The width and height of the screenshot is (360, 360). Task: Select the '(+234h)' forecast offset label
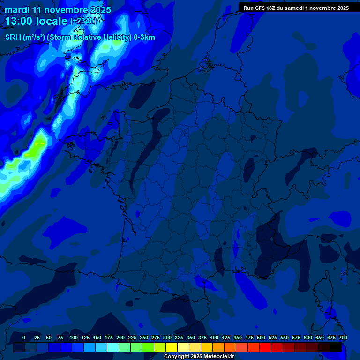click(x=83, y=21)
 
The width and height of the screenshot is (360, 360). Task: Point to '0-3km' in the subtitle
click(x=144, y=37)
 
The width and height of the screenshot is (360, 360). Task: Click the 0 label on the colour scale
click(x=24, y=337)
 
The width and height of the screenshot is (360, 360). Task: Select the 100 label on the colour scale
click(x=74, y=337)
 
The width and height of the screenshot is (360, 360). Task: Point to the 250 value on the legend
click(x=144, y=337)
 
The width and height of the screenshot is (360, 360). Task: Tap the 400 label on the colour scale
click(x=214, y=337)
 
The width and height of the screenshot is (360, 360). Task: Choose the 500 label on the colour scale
click(x=261, y=337)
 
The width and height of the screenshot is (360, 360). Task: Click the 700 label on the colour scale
click(x=343, y=337)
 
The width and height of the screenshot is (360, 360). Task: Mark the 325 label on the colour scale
click(x=179, y=337)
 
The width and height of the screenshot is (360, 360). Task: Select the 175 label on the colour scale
click(x=109, y=337)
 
